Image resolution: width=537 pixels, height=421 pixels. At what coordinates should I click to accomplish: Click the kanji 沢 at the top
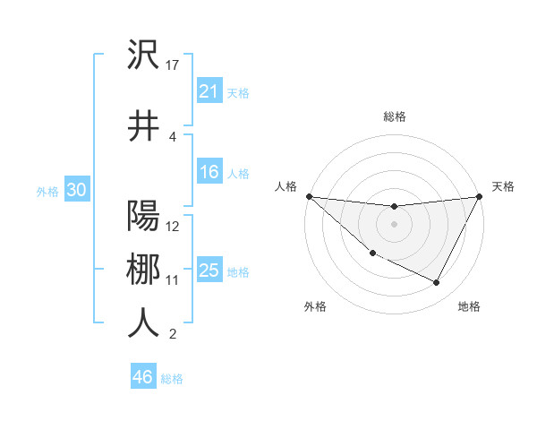(143, 56)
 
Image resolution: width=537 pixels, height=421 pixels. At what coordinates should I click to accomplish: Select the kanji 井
(143, 125)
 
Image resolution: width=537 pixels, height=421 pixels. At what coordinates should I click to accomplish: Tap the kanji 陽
(143, 217)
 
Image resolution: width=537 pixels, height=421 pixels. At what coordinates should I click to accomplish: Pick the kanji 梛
(143, 269)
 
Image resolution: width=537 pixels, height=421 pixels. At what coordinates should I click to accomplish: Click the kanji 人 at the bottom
(143, 322)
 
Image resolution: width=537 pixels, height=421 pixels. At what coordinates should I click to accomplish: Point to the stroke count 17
(173, 64)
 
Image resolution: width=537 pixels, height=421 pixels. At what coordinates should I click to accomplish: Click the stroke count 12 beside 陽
(173, 227)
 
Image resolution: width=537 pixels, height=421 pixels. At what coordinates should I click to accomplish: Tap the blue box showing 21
(209, 90)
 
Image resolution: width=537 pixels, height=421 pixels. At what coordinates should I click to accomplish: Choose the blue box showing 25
(209, 271)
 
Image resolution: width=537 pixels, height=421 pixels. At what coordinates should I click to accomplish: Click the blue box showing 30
(76, 190)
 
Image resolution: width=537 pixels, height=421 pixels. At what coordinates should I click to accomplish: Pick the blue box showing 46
(143, 377)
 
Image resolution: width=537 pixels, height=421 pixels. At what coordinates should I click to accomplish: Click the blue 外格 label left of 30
(47, 191)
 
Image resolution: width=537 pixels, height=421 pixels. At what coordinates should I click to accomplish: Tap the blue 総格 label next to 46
(172, 379)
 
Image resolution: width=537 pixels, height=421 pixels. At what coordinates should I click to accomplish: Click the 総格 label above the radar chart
(394, 116)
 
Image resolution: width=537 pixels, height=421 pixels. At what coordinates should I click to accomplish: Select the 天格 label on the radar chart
(503, 186)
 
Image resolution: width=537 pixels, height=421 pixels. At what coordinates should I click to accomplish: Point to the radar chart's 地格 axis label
(469, 306)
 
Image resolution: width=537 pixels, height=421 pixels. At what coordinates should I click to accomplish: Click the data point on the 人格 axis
(309, 196)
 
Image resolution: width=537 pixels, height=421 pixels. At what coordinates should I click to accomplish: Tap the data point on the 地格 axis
(437, 283)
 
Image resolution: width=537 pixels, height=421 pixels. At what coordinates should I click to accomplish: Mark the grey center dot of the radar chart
(394, 224)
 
